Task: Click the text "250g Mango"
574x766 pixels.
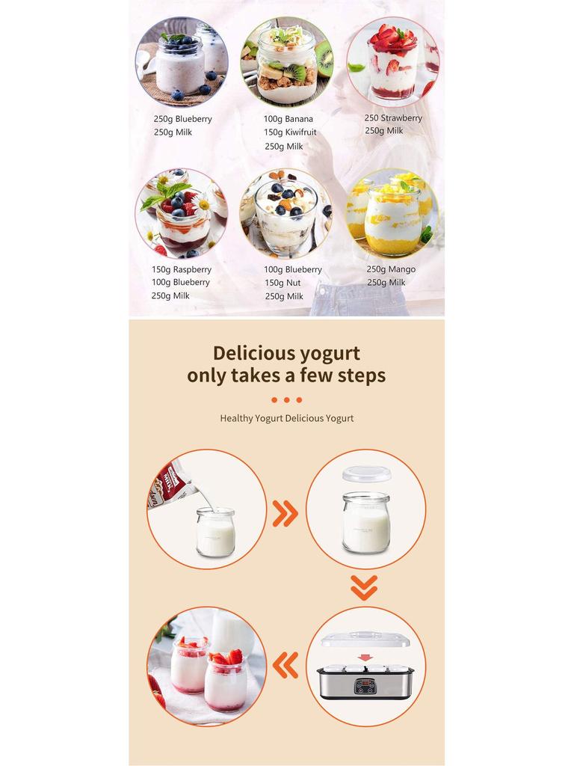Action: (391, 269)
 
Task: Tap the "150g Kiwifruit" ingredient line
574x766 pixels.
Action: (290, 132)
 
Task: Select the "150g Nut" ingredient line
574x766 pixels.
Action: (283, 283)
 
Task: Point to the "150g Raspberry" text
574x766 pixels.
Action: (182, 269)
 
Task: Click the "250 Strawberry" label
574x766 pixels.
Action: (393, 118)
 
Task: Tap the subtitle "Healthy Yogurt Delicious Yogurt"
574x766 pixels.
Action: (287, 418)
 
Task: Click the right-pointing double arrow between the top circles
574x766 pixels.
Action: (286, 513)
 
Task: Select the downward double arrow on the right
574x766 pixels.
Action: (364, 587)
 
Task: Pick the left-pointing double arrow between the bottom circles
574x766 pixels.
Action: (286, 664)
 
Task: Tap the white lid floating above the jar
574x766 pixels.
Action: (366, 474)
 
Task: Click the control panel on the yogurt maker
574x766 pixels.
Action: (365, 684)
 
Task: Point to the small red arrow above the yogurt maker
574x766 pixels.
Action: (365, 658)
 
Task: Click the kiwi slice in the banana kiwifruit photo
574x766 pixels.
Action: (296, 73)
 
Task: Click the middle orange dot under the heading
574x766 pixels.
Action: (287, 400)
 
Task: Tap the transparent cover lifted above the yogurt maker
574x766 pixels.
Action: (366, 640)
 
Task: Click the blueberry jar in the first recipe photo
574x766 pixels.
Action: (179, 66)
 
